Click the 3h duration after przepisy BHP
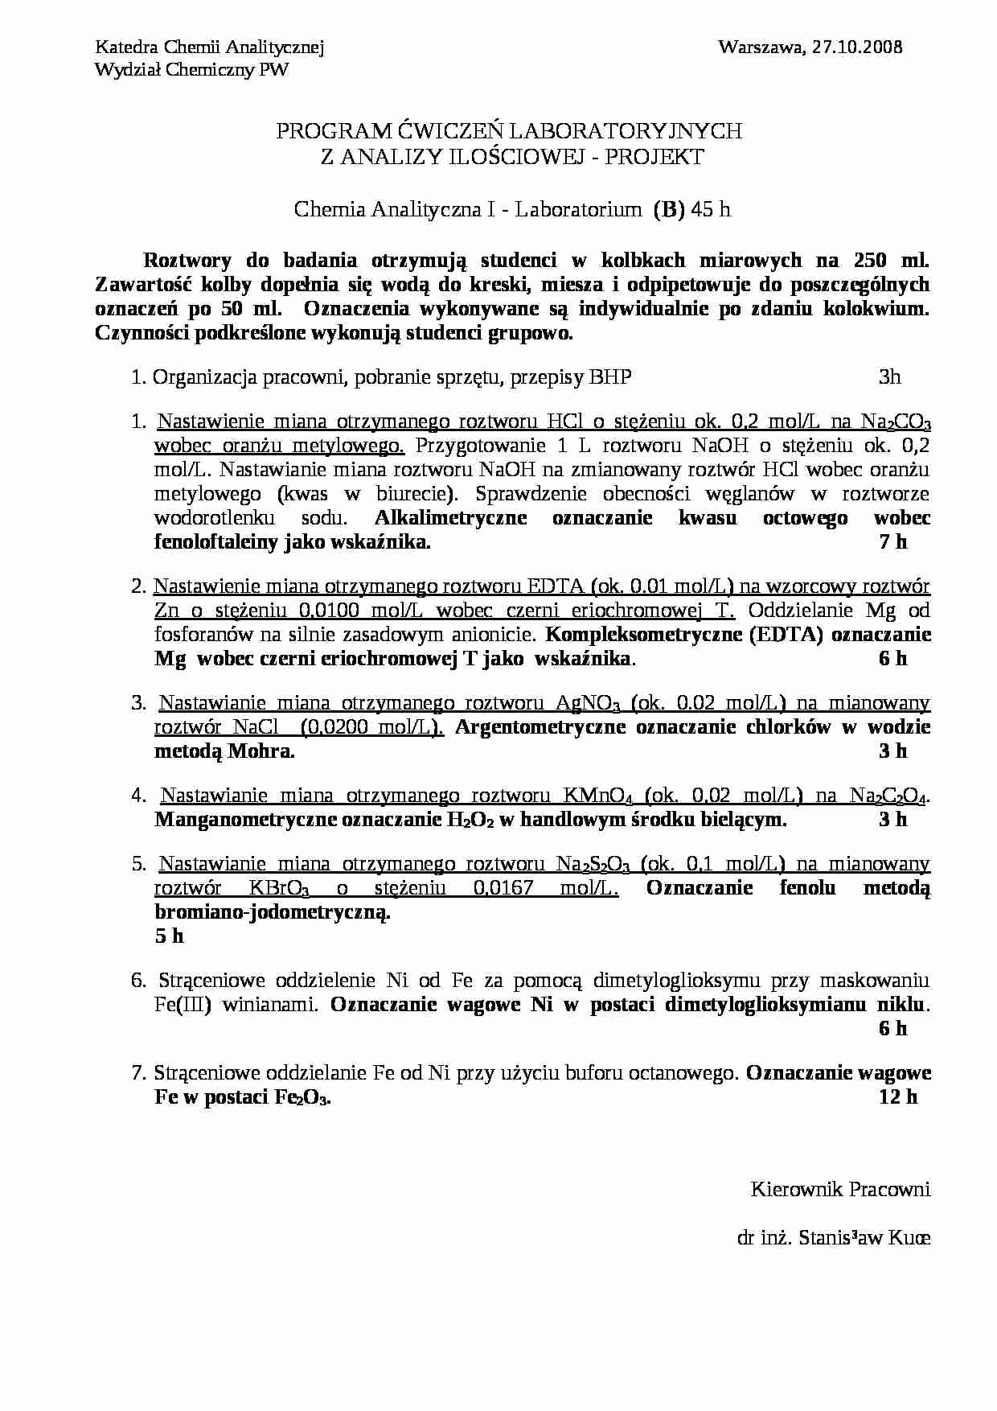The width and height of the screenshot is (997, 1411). click(890, 376)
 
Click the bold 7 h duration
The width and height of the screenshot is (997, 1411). click(893, 541)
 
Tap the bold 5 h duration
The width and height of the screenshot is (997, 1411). click(169, 936)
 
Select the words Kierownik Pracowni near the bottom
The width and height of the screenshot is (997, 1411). click(840, 1189)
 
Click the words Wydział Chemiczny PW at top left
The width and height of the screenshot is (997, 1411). click(191, 70)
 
